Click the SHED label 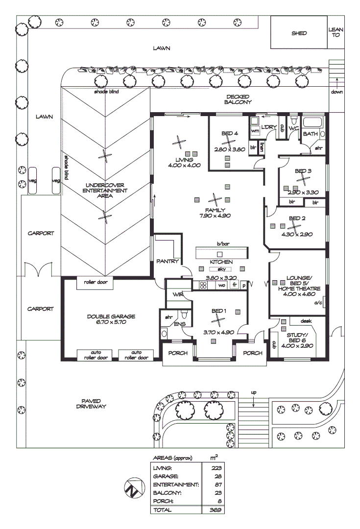(x=299, y=33)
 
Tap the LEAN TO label (x=336, y=33)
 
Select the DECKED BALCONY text (x=238, y=99)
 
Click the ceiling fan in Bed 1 (x=216, y=319)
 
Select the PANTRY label (x=168, y=262)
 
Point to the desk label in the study (x=307, y=321)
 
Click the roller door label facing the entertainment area (x=96, y=282)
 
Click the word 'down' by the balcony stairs (x=336, y=92)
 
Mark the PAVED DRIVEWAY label (x=91, y=403)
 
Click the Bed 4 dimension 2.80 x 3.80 (x=230, y=149)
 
